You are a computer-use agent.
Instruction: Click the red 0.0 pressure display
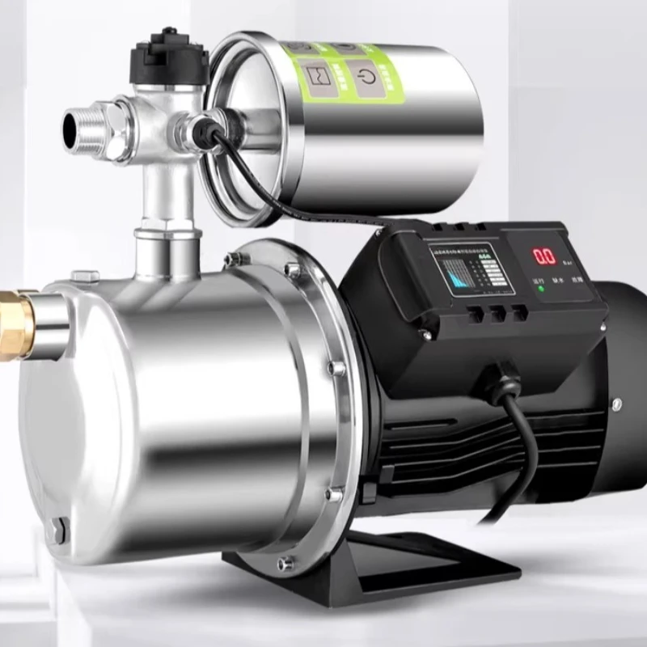click(x=543, y=256)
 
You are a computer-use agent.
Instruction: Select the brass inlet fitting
click(x=16, y=324)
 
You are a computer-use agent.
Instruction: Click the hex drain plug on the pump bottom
click(x=58, y=531)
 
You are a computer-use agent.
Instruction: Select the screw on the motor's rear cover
click(x=616, y=403)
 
